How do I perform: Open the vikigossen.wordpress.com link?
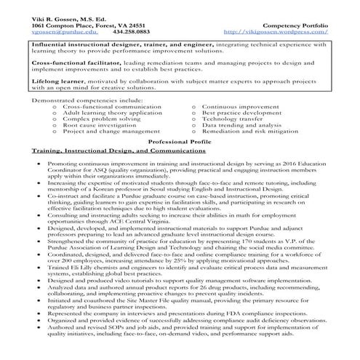276,32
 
